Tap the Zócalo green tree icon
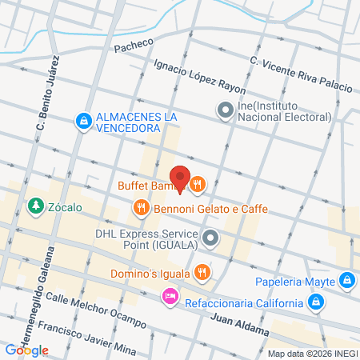[x=35, y=207]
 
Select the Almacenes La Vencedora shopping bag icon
[x=83, y=122]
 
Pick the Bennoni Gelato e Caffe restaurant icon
[x=141, y=208]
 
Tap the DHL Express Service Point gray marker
[x=210, y=238]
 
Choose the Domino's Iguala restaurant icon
[x=202, y=271]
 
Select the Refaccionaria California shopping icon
[x=317, y=302]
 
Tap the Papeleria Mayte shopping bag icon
[x=346, y=281]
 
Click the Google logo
[x=26, y=350]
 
